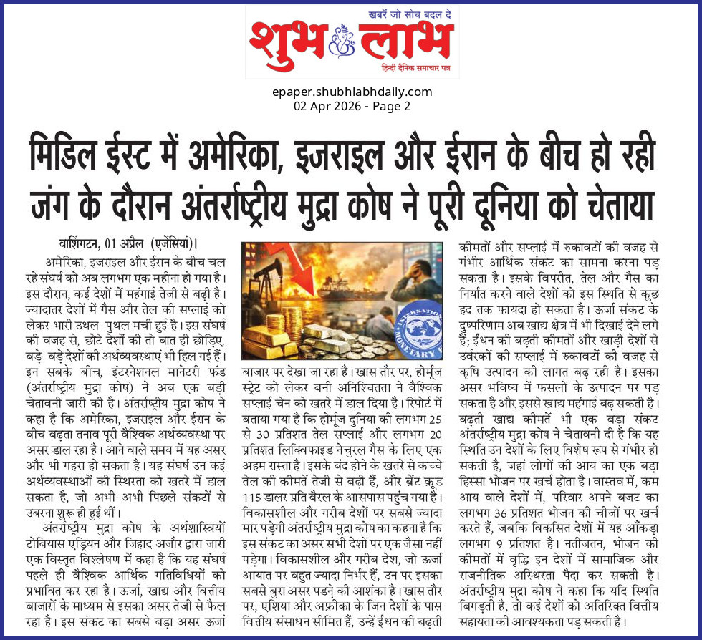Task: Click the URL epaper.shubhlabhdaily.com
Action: (x=352, y=92)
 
